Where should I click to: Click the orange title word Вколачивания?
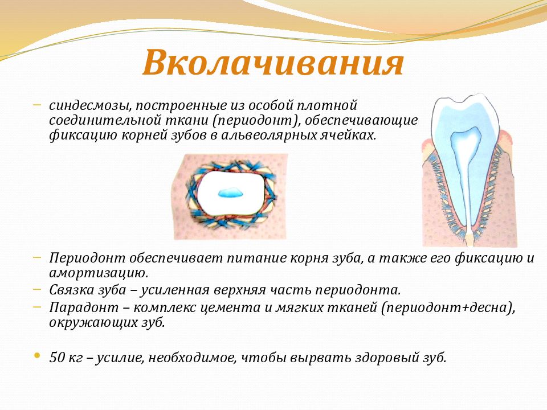[273, 63]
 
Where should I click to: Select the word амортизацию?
[99, 273]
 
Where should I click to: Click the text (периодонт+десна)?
[447, 308]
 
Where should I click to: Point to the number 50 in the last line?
[56, 358]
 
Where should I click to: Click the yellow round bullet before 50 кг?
[36, 356]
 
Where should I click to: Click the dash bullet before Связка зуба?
[37, 289]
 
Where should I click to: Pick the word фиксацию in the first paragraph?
[83, 136]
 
